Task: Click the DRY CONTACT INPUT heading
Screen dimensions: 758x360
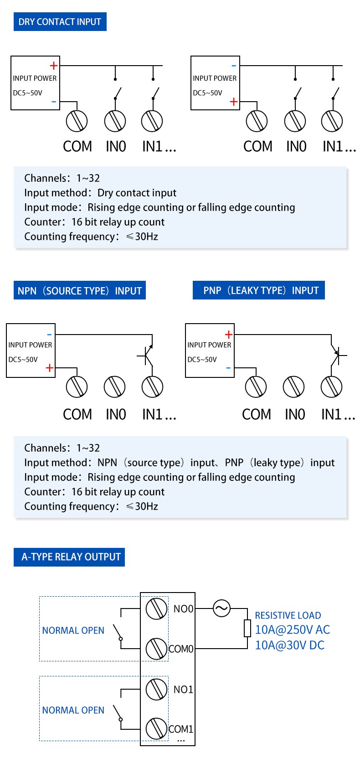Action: point(60,22)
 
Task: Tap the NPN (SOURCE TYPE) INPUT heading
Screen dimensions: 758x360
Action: point(80,290)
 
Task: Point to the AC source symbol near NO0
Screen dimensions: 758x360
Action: point(221,608)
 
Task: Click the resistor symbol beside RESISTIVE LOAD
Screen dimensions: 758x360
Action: point(247,628)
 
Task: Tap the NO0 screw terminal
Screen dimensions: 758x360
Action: point(156,608)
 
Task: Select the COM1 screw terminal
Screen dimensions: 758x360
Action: point(156,728)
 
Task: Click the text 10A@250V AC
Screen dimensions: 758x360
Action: point(292,629)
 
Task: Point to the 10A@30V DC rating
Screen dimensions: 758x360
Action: point(289,645)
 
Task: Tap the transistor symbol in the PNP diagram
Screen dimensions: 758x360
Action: point(337,355)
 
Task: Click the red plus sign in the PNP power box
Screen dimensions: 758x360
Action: point(228,335)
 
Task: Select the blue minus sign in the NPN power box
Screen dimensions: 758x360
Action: point(49,335)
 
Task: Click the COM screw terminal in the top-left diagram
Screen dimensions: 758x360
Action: point(77,121)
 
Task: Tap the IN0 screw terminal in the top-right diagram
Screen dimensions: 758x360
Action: point(295,121)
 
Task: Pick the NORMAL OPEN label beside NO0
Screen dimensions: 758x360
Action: point(73,630)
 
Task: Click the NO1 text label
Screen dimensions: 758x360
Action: point(183,689)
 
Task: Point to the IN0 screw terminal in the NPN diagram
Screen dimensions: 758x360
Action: point(114,387)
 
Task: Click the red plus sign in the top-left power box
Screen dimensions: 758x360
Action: point(54,66)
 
